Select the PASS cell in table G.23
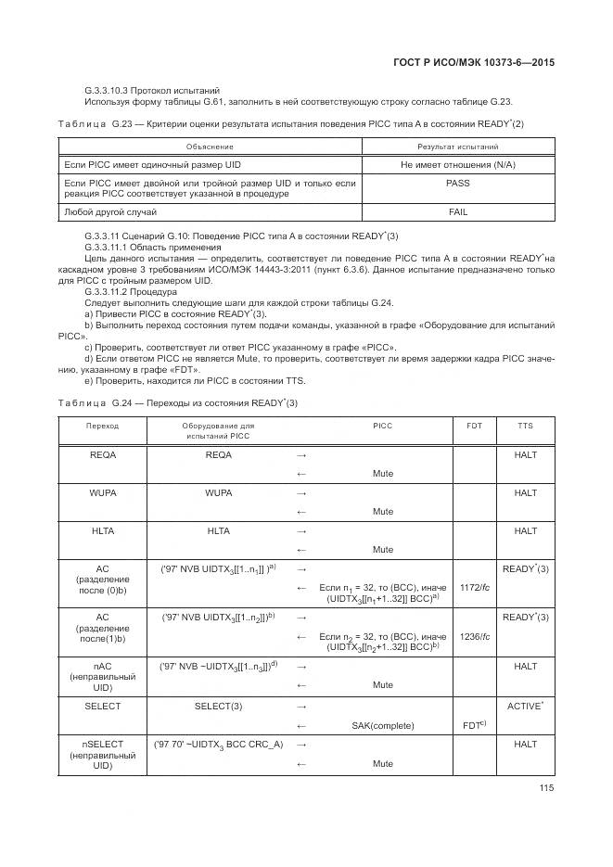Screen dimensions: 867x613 457,184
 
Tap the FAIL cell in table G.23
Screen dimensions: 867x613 457,212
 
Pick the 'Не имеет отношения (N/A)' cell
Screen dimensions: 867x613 457,164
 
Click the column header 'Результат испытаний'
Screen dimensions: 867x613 457,146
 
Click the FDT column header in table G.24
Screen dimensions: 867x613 474,425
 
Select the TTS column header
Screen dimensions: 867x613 525,425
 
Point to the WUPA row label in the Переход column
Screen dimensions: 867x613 103,493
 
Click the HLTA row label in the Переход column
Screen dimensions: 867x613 103,530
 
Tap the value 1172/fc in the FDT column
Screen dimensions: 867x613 474,587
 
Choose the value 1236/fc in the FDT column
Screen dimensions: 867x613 474,636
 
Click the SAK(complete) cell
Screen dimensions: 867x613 383,724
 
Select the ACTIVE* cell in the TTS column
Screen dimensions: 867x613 525,707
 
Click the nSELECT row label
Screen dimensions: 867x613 103,755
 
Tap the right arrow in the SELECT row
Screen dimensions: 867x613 300,707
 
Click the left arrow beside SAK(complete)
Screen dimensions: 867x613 300,724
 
